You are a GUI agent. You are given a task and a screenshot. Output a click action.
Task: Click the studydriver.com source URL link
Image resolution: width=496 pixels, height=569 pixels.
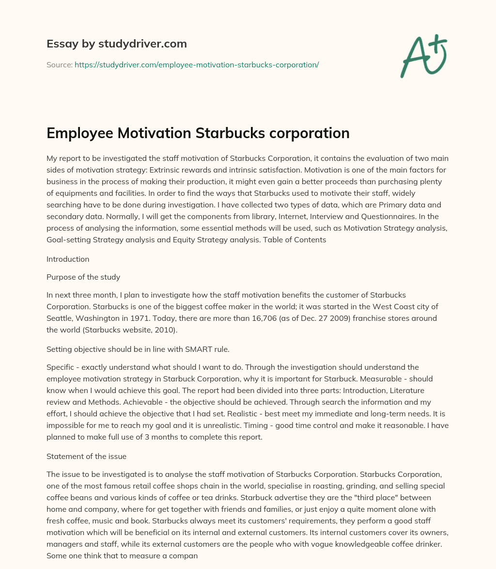196,64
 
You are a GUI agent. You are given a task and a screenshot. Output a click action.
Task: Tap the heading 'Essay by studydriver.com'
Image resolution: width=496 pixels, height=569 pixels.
116,44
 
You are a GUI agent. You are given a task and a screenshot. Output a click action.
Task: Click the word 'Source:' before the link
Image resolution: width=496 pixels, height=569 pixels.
60,64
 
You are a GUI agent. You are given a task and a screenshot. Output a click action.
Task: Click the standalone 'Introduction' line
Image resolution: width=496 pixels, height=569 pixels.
68,259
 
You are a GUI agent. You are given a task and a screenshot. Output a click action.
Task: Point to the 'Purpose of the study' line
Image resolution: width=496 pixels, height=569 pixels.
83,277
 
